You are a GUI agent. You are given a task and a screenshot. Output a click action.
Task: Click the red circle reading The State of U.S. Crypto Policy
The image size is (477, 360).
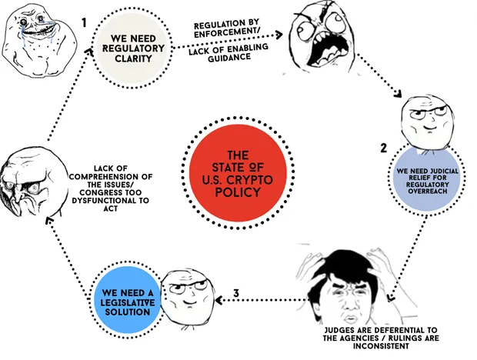coord(239,173)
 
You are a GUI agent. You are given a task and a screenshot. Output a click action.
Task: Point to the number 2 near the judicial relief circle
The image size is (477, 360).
coord(383,146)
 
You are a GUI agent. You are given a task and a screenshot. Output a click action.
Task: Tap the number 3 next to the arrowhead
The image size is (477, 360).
coord(238,293)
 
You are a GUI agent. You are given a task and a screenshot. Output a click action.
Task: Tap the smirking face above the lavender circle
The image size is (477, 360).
coord(420,123)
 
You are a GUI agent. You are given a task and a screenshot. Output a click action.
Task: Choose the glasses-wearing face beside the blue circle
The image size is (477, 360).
coord(183,293)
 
